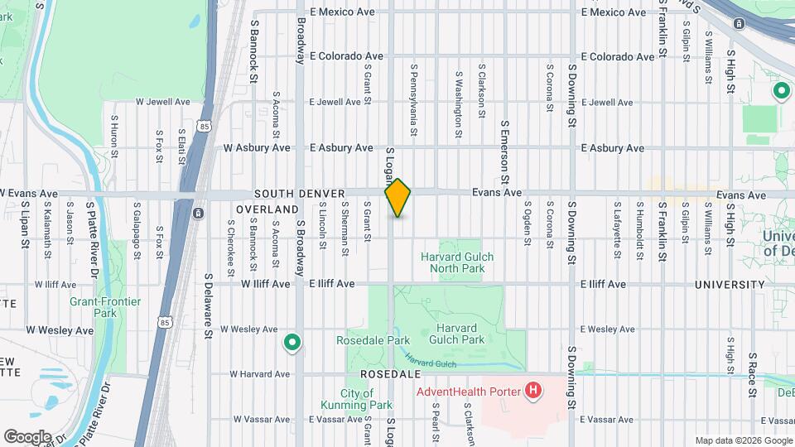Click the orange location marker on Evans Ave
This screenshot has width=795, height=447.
[x=397, y=198]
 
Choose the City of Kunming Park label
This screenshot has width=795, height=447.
[x=356, y=400]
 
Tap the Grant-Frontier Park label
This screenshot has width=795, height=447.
[x=105, y=307]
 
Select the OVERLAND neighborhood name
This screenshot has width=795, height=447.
[x=266, y=210]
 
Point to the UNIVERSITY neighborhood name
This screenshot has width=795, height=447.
[x=730, y=285]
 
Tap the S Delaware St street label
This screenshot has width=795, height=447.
[x=208, y=306]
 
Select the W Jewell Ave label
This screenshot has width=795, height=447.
[x=163, y=102]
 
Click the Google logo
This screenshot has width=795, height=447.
[x=27, y=436]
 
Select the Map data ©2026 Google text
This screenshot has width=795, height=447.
[x=742, y=440]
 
